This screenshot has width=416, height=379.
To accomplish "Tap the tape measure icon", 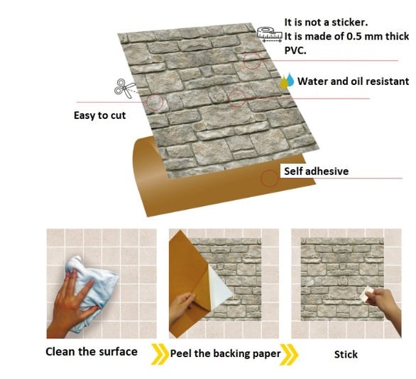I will tap(266, 32).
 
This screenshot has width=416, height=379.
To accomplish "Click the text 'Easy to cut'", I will tap(100, 115).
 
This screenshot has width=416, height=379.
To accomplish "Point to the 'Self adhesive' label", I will tap(316, 171).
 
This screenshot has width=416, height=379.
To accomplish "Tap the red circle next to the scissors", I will tap(154, 102).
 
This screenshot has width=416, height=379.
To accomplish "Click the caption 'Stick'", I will tap(346, 353).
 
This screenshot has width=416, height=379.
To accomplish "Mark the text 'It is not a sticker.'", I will tap(326, 23).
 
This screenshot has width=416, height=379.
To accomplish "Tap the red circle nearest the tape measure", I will tap(252, 60).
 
